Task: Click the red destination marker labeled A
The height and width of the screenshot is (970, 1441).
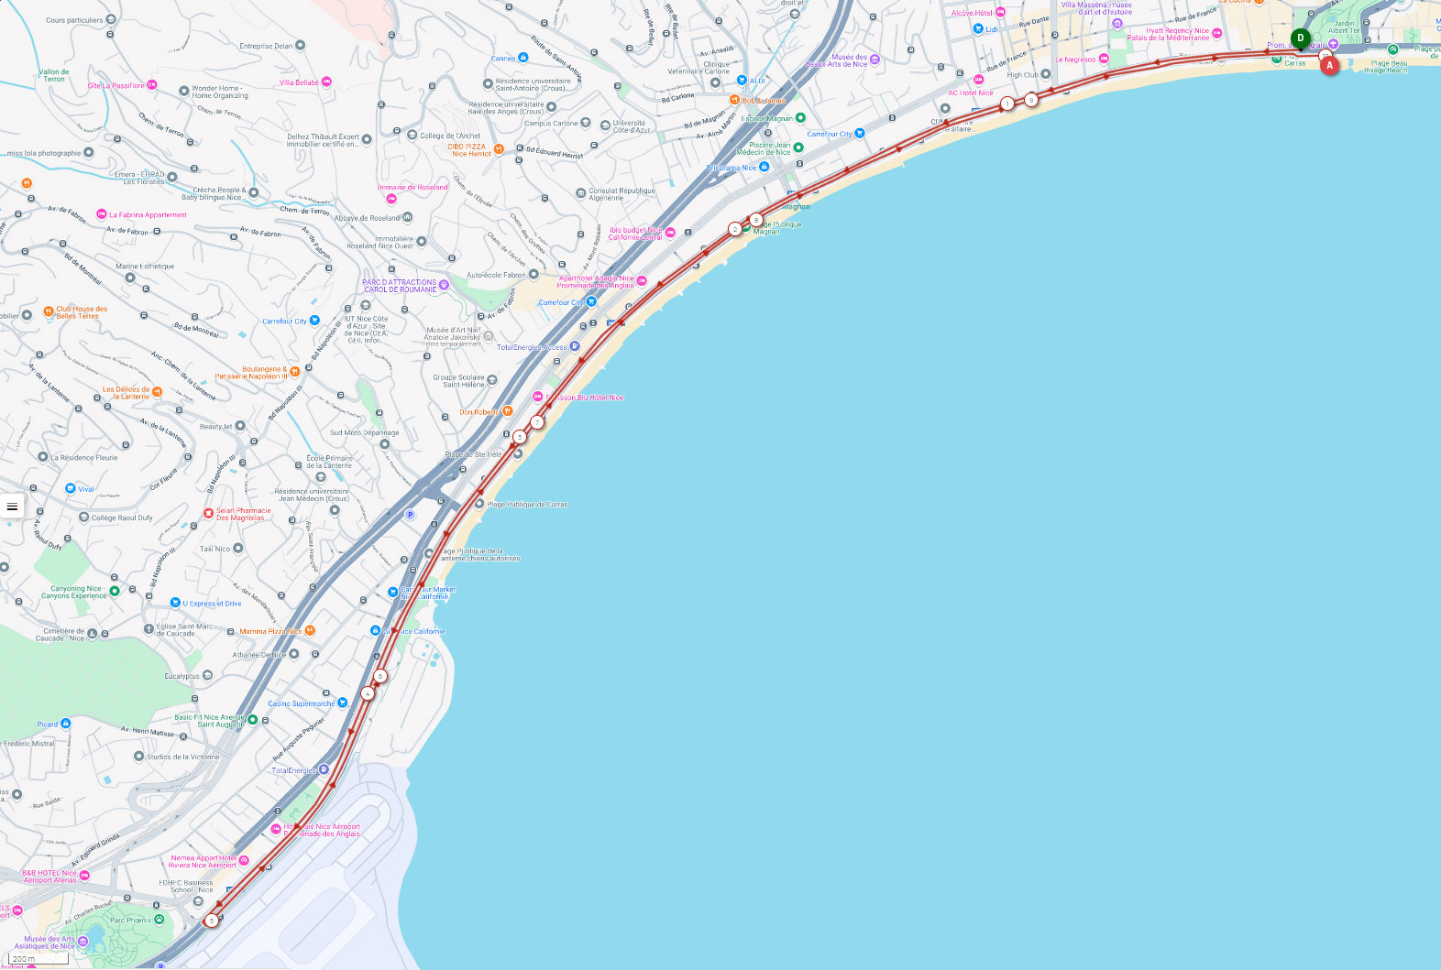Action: coord(1329,65)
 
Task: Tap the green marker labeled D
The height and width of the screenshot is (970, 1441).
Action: coord(1300,38)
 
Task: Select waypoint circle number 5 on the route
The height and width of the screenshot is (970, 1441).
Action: coord(212,921)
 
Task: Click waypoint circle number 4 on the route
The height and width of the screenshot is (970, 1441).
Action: coord(368,693)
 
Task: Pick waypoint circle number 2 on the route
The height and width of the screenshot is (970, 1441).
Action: coord(735,229)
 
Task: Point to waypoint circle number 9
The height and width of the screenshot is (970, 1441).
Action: coord(1031,100)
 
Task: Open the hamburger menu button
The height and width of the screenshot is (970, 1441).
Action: coord(12,507)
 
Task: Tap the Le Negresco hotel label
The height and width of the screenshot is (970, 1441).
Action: coord(1076,60)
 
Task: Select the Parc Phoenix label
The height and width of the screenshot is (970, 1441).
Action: coord(131,921)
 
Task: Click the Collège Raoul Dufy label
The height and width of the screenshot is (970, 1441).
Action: coord(122,518)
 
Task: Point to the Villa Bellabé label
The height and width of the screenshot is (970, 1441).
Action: coord(300,82)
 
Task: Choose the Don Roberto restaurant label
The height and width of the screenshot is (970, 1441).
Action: coord(480,412)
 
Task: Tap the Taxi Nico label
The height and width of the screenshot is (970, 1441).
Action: coord(215,549)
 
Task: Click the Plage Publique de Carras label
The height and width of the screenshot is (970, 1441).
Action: coord(527,505)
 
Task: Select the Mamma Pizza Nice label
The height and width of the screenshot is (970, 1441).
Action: coord(270,631)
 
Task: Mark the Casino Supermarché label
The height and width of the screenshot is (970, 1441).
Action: coord(302,703)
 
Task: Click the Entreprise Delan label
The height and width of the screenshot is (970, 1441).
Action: coord(267,46)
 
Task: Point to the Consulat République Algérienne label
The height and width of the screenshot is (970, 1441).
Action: coord(621,194)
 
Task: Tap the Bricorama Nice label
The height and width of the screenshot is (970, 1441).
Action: coord(731,168)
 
